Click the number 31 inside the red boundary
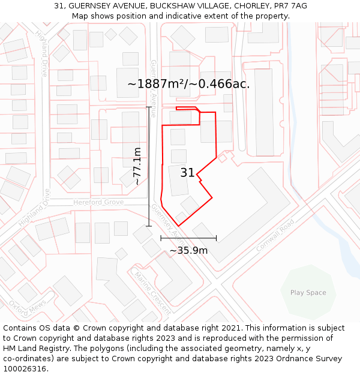click(187, 173)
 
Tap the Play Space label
click(308, 293)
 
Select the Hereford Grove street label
click(98, 203)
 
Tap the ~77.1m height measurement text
click(137, 166)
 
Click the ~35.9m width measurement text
click(188, 250)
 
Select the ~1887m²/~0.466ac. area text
click(188, 84)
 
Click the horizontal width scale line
click(188, 238)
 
